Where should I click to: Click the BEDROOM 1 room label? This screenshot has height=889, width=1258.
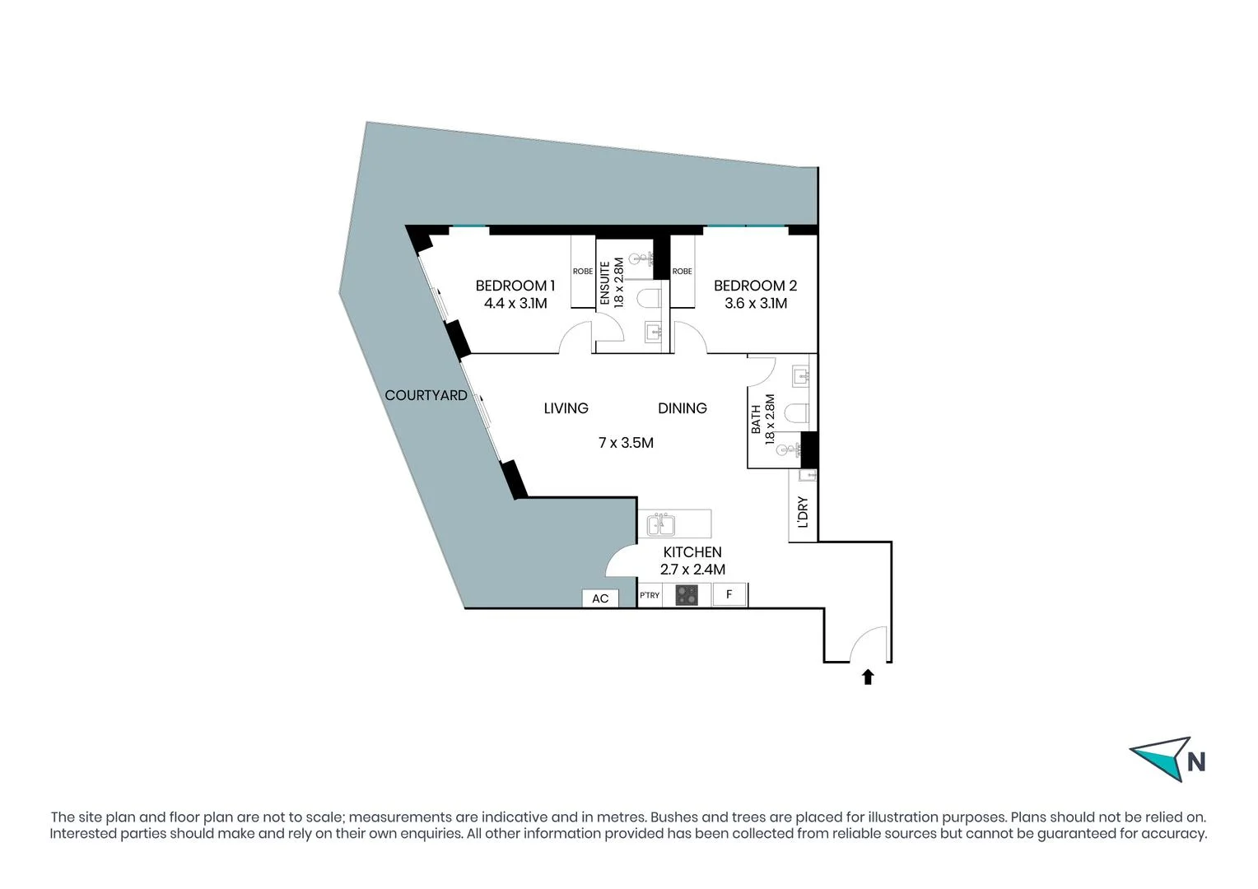click(515, 286)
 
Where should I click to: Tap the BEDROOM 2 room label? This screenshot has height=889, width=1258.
click(755, 286)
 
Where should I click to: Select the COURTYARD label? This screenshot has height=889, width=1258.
click(426, 396)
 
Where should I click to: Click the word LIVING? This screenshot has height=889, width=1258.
click(566, 408)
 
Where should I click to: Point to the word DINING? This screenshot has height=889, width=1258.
click(682, 408)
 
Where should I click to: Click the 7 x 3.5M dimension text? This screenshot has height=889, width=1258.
click(626, 443)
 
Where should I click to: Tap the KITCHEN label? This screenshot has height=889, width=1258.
click(692, 552)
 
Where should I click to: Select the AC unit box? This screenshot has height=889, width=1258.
click(600, 598)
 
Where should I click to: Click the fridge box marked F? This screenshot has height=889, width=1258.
click(729, 594)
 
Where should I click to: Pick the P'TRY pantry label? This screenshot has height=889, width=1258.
click(650, 595)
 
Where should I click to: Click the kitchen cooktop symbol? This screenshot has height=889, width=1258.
click(687, 594)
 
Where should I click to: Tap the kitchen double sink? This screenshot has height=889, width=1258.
click(660, 524)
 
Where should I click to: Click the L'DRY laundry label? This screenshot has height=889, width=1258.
click(804, 512)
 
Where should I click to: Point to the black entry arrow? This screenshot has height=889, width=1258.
click(868, 677)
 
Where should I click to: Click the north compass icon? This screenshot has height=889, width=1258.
click(1167, 759)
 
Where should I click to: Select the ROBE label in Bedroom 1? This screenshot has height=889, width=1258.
click(583, 272)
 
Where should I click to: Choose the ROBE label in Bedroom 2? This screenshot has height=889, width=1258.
click(682, 272)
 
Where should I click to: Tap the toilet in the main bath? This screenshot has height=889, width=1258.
click(797, 412)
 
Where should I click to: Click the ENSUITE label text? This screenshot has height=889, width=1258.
click(605, 283)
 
